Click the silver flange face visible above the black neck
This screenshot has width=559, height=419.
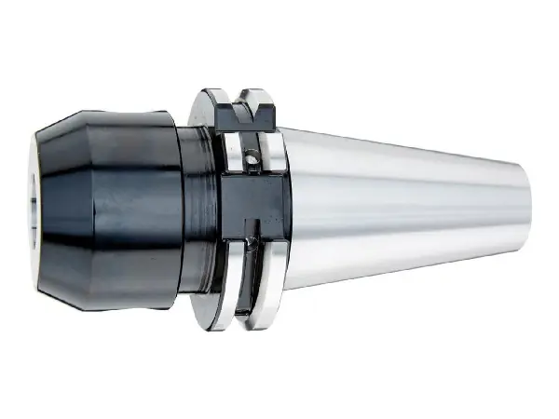tap(201, 112)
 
